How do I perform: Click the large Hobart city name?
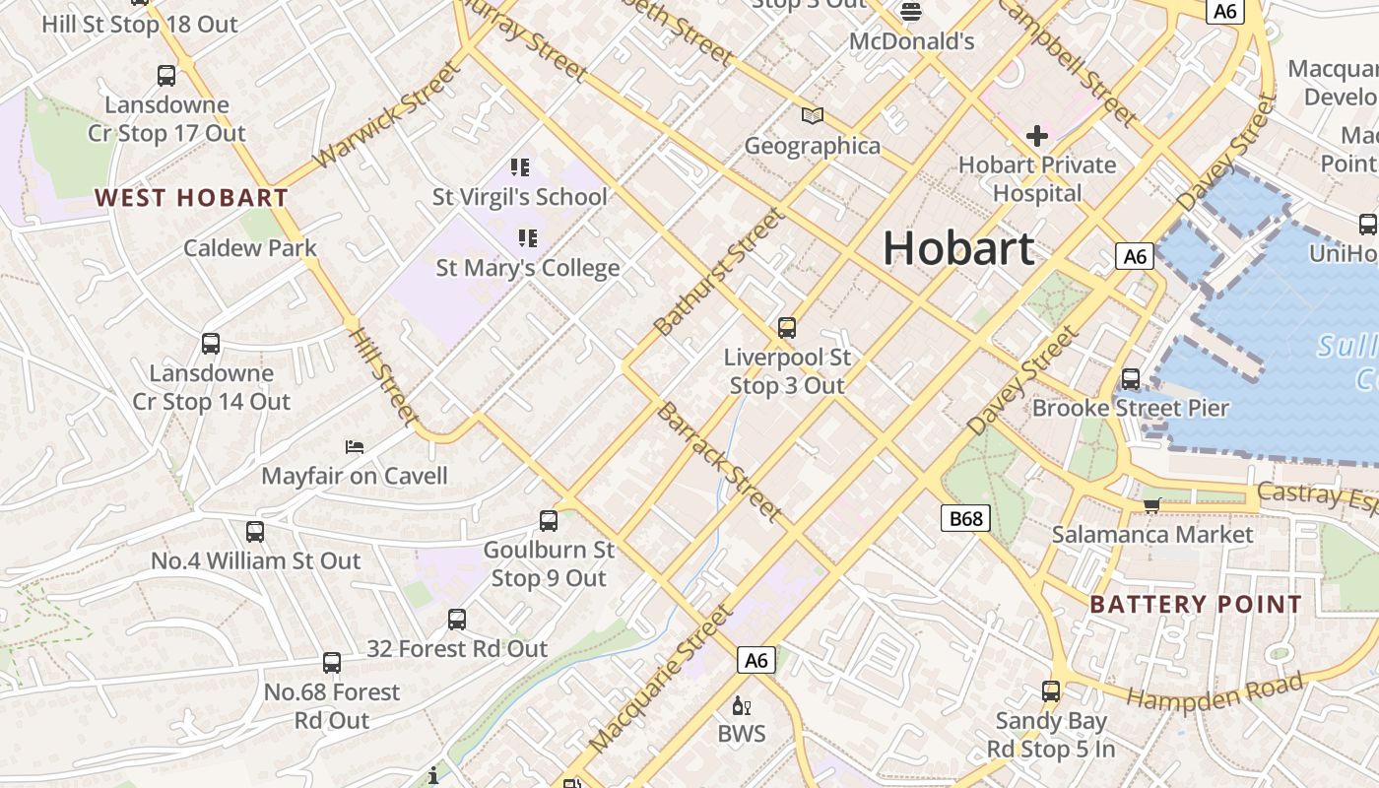(x=957, y=248)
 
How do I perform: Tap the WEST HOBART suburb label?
(x=191, y=198)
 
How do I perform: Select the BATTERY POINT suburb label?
(x=1196, y=605)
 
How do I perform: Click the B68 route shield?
(x=964, y=518)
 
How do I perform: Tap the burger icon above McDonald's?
(x=911, y=12)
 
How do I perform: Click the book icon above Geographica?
(x=812, y=117)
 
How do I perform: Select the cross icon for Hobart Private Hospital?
(x=1036, y=135)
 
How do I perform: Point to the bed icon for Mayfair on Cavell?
(x=355, y=447)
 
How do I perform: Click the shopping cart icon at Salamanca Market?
(x=1151, y=505)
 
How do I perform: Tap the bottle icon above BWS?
(x=741, y=705)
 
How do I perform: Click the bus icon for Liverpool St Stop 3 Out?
(x=786, y=328)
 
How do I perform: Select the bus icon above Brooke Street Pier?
(x=1131, y=379)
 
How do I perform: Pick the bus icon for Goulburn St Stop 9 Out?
(x=549, y=521)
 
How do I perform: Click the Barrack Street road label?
(x=719, y=461)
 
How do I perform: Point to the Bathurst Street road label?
(x=719, y=271)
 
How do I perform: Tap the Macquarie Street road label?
(x=660, y=680)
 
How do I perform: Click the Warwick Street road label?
(x=386, y=115)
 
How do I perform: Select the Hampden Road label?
(x=1215, y=691)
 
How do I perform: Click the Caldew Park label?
(x=250, y=248)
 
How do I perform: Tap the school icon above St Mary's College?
(x=528, y=238)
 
